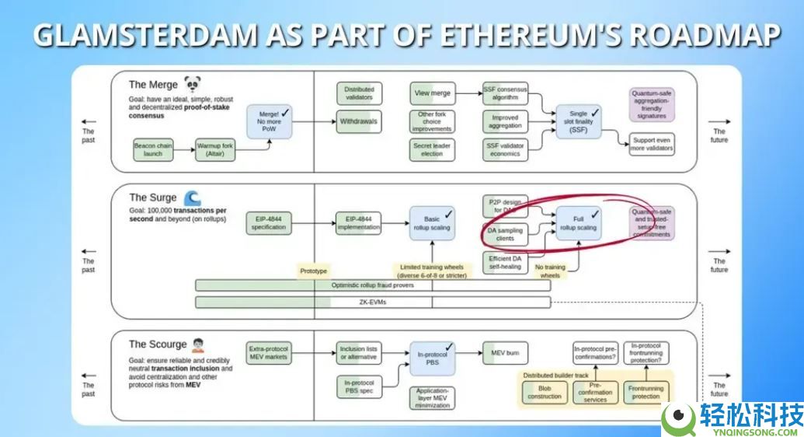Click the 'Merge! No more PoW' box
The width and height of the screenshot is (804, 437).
270,122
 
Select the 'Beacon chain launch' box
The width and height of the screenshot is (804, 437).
153,149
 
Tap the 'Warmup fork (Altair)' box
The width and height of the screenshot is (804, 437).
214,149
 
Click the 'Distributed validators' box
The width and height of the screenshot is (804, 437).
360,93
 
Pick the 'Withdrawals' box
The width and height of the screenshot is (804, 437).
360,121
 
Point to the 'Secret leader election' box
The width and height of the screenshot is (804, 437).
431,149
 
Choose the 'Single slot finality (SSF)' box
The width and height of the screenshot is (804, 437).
578,122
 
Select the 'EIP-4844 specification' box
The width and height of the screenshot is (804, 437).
269,223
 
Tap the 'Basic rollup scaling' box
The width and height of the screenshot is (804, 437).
433,223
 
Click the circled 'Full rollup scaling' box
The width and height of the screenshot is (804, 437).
578,223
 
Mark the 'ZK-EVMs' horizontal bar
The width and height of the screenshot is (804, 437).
373,302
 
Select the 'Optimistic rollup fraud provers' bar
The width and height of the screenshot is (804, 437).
373,285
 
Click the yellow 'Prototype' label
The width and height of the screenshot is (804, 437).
314,271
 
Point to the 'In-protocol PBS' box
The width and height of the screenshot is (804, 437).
433,358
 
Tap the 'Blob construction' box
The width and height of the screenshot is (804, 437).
545,392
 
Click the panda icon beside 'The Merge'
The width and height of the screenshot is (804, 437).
192,84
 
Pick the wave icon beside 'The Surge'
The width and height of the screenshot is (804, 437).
193,198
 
